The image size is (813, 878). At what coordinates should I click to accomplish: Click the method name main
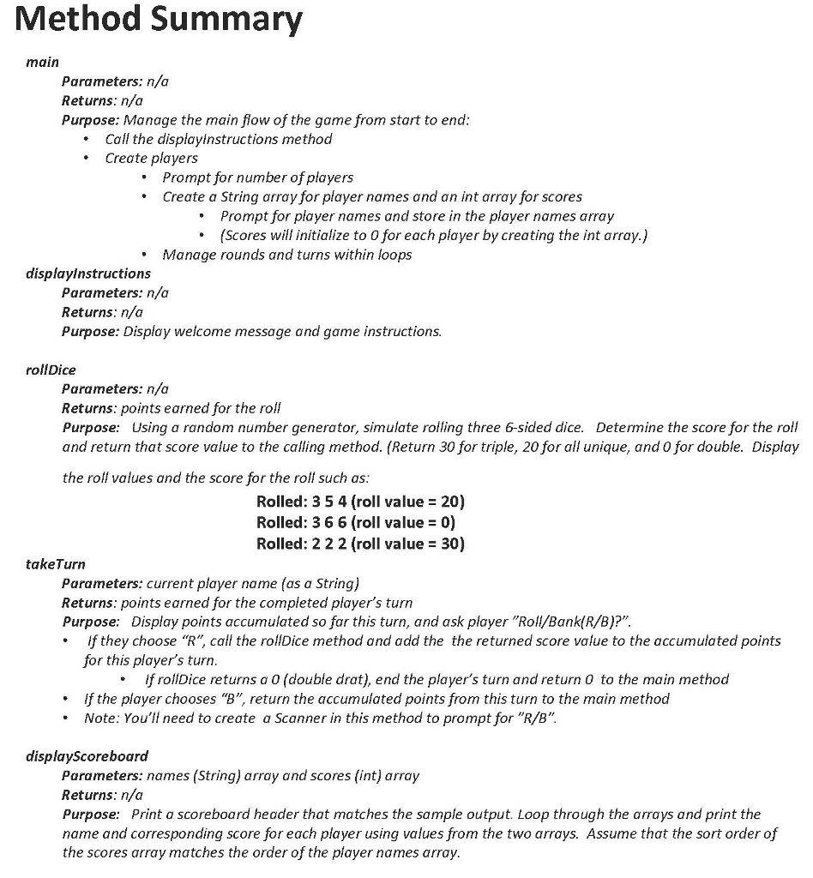pos(43,62)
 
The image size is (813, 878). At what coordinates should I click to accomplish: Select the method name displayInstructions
pos(89,274)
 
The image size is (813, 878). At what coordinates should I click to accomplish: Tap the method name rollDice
pos(51,370)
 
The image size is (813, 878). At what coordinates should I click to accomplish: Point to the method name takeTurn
pos(57,564)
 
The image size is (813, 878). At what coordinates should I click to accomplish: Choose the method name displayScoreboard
pos(87,756)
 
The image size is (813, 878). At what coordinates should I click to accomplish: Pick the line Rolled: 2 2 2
pos(360,544)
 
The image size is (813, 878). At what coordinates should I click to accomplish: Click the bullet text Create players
pos(151,158)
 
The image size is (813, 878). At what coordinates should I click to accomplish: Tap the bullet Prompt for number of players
pos(257,177)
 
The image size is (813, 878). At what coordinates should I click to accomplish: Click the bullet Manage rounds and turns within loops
pos(286,255)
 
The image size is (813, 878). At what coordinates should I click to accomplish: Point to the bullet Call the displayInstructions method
pos(218,139)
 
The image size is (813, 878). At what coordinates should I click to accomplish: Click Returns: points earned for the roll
pos(171,408)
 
